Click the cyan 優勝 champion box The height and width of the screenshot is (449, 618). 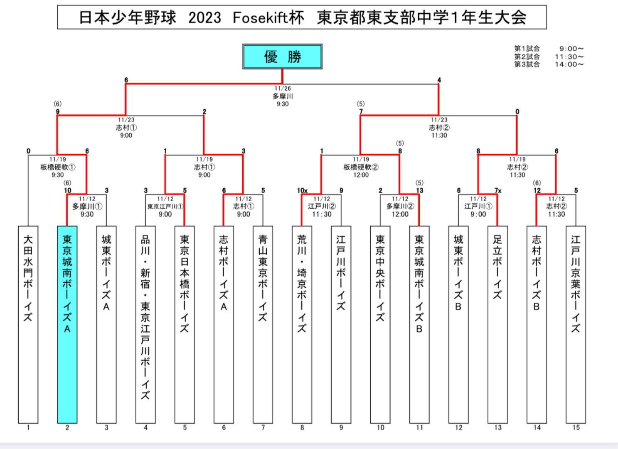282,57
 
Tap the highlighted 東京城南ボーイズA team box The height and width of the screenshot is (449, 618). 67,324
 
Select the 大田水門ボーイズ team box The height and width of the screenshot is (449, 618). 28,324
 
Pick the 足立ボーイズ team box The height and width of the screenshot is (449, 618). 497,324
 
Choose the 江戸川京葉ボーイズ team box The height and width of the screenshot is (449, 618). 576,324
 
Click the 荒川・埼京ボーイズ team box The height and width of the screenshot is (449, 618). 302,324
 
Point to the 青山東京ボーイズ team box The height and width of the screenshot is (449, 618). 263,324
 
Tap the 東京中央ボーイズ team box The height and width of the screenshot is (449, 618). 380,324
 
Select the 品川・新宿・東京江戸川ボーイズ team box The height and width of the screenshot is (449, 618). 145,324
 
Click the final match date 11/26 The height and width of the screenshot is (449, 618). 283,88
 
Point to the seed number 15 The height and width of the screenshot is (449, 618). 576,427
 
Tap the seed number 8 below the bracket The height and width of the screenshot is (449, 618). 302,427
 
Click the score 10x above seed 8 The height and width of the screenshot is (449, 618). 302,191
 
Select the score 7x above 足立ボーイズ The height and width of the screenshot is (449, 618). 498,191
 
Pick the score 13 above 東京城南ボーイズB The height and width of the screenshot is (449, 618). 420,191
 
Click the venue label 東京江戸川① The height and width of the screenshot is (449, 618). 165,207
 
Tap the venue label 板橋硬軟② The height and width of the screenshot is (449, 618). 361,167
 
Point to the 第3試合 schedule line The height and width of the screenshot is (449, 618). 549,64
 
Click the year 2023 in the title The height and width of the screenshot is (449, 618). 204,18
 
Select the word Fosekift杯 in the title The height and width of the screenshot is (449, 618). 268,18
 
